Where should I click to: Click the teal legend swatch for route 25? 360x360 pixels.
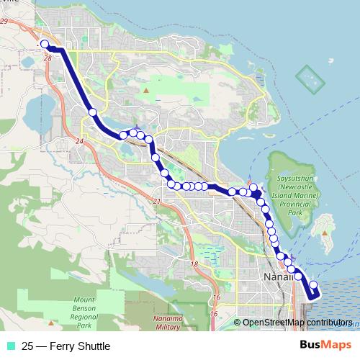click(x=10, y=347)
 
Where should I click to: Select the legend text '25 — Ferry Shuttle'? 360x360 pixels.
click(x=66, y=347)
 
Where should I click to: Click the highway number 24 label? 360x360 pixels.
click(x=78, y=141)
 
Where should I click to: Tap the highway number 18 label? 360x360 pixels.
click(x=194, y=266)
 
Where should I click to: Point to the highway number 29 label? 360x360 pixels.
click(x=4, y=22)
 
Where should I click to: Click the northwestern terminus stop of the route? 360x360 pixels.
click(x=45, y=44)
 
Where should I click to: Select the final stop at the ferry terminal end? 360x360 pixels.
click(x=312, y=285)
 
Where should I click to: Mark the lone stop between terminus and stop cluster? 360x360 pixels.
click(x=92, y=112)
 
